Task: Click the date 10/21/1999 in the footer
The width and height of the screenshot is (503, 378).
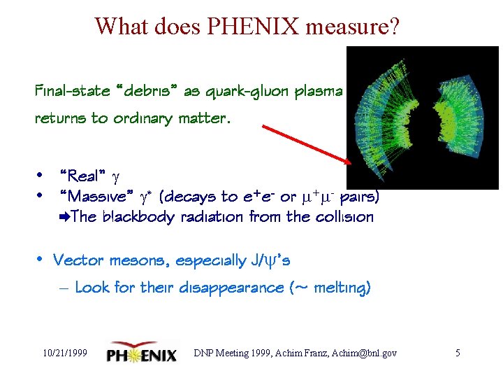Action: (x=64, y=353)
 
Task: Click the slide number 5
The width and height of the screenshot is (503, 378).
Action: (x=458, y=353)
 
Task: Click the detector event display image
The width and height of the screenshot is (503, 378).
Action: (x=422, y=117)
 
